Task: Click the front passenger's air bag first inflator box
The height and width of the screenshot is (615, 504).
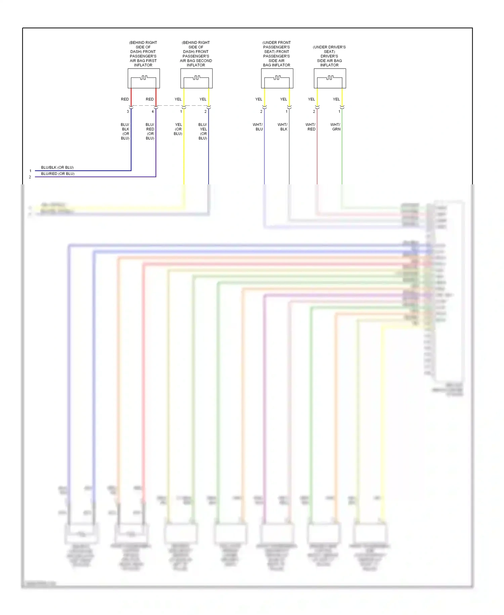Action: [143, 78]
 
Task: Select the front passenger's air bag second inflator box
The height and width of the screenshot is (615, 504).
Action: [196, 78]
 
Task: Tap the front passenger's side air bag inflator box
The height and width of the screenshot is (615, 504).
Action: [277, 78]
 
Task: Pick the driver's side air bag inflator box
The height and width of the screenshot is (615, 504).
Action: [330, 78]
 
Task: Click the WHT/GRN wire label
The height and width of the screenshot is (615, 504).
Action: [335, 127]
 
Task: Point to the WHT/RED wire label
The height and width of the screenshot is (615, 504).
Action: [310, 127]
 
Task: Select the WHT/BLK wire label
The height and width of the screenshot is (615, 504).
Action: [283, 127]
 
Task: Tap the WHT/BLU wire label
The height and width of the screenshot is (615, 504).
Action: [258, 127]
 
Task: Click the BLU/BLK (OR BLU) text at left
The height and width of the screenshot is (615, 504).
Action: [57, 168]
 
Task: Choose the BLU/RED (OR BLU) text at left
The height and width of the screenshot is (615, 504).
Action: [57, 174]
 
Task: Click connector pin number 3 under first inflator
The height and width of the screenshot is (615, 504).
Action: [128, 111]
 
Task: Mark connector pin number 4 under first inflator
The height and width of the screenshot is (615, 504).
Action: [153, 111]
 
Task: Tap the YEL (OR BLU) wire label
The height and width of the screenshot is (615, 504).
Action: [178, 129]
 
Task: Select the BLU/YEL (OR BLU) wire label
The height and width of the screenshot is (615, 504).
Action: [203, 131]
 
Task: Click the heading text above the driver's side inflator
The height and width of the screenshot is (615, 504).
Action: [329, 56]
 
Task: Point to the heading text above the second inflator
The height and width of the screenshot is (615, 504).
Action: [196, 54]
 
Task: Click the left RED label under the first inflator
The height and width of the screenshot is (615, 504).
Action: [125, 99]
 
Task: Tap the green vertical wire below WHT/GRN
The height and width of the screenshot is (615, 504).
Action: [342, 158]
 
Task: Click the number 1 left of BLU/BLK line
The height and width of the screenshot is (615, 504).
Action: [30, 171]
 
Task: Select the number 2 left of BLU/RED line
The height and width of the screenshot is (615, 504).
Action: [30, 177]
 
